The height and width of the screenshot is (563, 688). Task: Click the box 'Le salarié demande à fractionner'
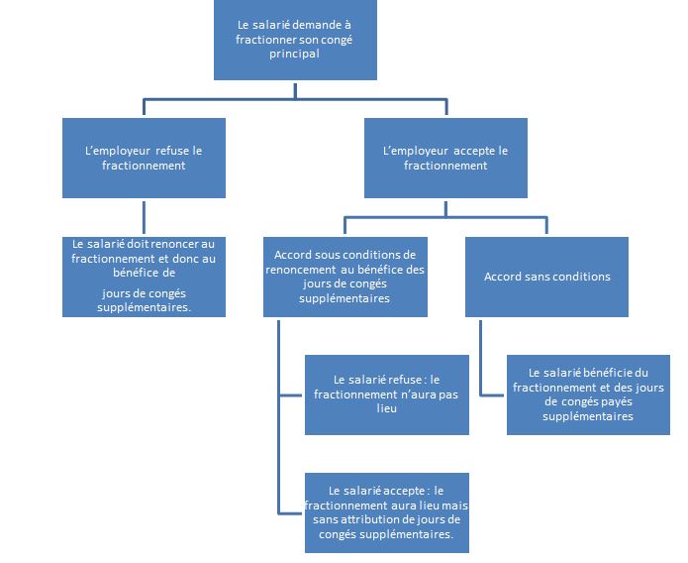[x=295, y=40]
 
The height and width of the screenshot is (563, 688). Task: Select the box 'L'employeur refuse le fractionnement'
[x=144, y=158]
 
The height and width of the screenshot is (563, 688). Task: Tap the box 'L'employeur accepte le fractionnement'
[x=445, y=158]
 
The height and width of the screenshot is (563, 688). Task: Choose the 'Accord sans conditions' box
[x=546, y=277]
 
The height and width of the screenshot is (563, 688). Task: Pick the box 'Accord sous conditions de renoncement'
[x=345, y=277]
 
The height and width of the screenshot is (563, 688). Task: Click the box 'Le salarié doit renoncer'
[x=144, y=277]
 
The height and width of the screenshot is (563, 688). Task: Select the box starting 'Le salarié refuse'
[x=387, y=394]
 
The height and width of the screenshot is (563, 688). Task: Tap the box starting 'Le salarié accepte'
[x=387, y=512]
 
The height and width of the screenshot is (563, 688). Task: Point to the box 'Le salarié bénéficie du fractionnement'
[x=588, y=394]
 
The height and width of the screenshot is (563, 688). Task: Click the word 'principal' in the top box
[x=294, y=55]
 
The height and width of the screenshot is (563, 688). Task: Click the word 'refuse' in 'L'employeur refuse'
[x=166, y=151]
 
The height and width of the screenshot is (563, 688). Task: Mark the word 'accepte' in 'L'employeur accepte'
[x=468, y=152]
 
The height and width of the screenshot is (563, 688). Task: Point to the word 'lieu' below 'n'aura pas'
[x=386, y=408]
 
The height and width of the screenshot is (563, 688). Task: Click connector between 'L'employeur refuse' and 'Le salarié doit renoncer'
[x=144, y=217]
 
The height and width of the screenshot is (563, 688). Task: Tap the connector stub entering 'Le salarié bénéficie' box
[x=492, y=395]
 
